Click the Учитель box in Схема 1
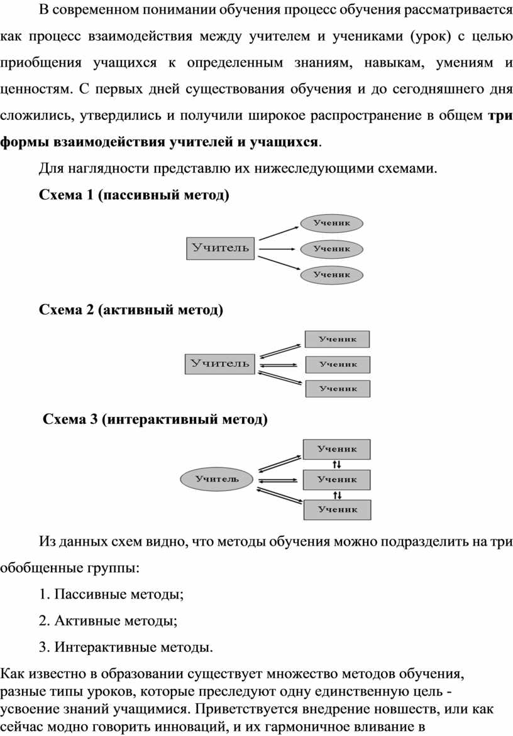[x=220, y=248]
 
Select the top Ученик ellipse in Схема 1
[x=332, y=223]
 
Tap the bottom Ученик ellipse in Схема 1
[x=332, y=274]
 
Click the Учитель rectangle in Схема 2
[x=220, y=364]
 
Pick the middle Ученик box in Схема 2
[x=338, y=364]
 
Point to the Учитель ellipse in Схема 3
[x=217, y=479]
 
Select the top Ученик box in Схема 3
[x=337, y=449]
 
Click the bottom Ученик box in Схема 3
[x=338, y=510]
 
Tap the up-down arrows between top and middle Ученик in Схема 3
[x=337, y=465]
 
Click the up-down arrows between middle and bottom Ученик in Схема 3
[x=338, y=495]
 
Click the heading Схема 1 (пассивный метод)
[x=134, y=195]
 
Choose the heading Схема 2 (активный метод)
[x=131, y=310]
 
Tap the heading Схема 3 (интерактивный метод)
[x=155, y=419]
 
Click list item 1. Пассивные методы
[x=111, y=594]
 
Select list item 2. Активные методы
[x=108, y=620]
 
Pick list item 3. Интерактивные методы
[x=126, y=647]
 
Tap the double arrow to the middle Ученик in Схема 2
[x=278, y=364]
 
